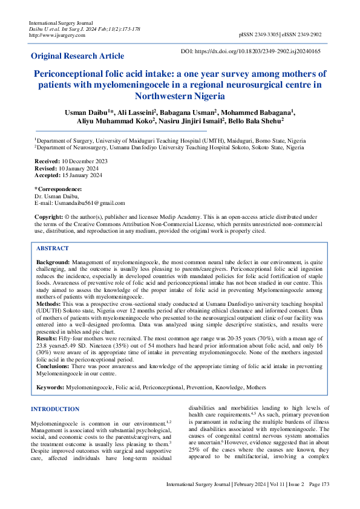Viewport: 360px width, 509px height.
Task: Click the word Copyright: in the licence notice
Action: [x=48, y=216]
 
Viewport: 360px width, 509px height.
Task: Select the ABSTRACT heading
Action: [x=52, y=248]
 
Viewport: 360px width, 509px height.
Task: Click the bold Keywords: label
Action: [x=50, y=386]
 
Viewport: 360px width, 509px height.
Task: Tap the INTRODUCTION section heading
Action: [x=55, y=409]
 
